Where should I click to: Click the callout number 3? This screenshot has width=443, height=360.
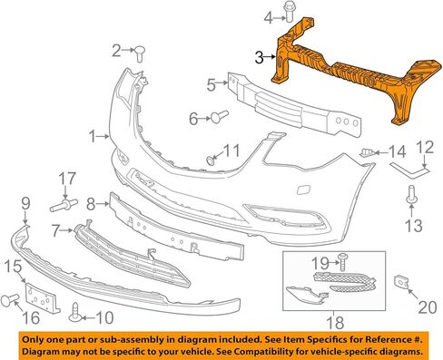point(260,57)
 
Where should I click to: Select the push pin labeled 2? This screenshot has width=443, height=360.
point(140,54)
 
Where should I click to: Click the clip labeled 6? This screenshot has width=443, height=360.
point(220,117)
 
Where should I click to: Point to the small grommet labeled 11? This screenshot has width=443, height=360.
point(210,161)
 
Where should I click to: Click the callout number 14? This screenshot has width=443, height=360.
point(397,151)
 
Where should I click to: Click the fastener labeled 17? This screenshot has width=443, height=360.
point(64,205)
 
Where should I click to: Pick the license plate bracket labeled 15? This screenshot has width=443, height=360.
point(42,298)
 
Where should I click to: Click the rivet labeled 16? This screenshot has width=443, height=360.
point(10,300)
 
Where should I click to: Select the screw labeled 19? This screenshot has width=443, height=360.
point(343,262)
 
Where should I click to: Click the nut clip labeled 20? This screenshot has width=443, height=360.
point(400,283)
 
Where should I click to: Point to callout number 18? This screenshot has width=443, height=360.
point(335,323)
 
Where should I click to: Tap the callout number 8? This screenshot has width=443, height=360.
point(91,205)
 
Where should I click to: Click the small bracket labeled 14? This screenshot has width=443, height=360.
point(367,152)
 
